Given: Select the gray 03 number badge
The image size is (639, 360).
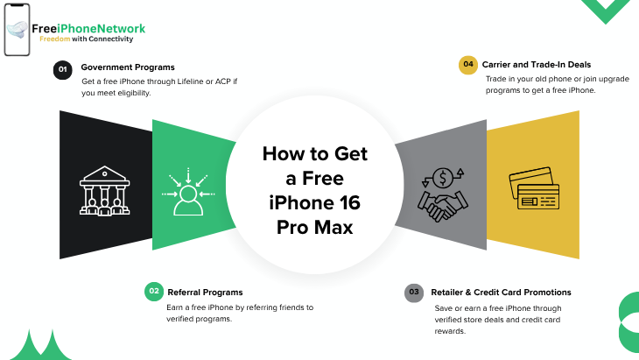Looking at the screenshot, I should tap(413, 293).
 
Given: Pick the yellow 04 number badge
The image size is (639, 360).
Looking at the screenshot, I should tap(468, 65).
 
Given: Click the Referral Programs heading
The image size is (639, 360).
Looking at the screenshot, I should tap(205, 292).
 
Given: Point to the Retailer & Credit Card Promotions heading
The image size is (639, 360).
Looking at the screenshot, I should tap(502, 292).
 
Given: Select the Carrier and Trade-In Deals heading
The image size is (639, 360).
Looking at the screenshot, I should tap(537, 64).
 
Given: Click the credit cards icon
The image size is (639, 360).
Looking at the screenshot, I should tap(533, 189).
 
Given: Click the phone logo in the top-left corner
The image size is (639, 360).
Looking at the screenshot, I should tap(17, 30).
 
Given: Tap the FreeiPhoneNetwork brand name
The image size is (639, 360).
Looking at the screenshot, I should tap(88, 29).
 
